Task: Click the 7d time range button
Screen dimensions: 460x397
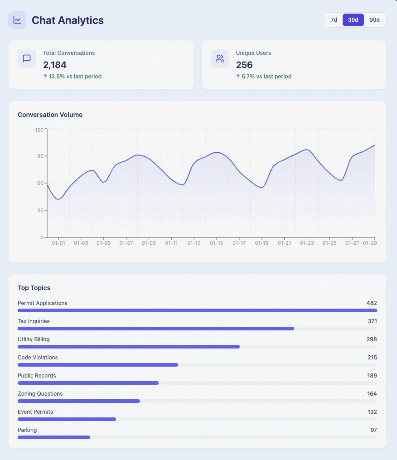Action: coord(334,20)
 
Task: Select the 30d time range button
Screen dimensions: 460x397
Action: coord(353,20)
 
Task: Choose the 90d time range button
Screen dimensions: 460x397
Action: coord(374,20)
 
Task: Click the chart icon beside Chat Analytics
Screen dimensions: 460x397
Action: coord(17,20)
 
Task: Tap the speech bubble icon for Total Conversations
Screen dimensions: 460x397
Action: coord(27,58)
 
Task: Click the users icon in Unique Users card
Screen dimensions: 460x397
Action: coord(220,58)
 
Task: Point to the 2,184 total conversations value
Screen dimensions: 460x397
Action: coord(55,65)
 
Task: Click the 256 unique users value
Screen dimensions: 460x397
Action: coord(244,65)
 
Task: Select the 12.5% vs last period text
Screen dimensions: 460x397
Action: coord(72,77)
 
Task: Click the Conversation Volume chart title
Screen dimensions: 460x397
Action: coord(50,115)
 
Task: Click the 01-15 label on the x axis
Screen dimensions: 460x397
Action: coord(217,243)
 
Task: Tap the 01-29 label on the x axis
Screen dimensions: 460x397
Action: coord(370,243)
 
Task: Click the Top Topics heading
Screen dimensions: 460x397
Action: coord(34,288)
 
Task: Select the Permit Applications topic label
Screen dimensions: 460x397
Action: coord(42,303)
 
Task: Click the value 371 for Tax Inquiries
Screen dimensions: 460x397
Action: coord(372,321)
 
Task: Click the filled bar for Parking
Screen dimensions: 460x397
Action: coord(53,437)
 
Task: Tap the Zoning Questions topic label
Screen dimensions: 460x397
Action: coord(40,394)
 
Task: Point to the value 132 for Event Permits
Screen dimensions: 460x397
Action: coord(372,412)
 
